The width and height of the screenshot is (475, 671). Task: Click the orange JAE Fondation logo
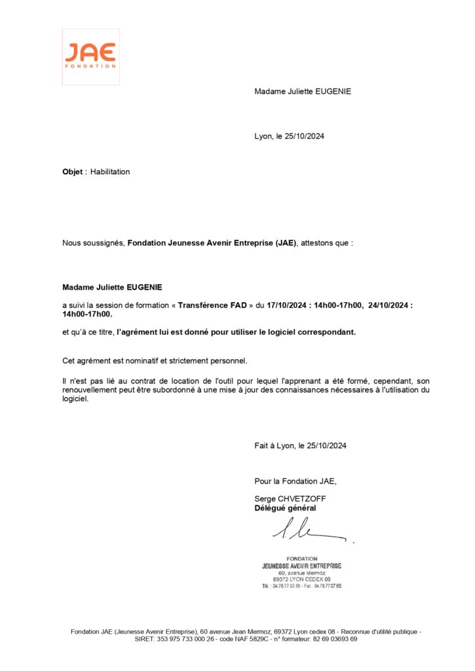point(90,56)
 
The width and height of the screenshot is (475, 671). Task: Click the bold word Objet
point(72,172)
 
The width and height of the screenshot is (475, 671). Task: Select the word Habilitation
point(110,172)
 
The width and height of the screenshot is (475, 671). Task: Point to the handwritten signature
point(308,529)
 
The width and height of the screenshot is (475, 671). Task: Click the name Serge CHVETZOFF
point(290,499)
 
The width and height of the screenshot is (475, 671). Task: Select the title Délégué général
point(285,508)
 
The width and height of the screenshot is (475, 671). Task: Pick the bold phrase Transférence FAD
point(212,305)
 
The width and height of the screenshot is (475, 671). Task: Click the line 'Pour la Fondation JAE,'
point(295,481)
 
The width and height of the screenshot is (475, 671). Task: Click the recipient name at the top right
point(303,91)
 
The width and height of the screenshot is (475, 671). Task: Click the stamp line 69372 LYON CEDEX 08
point(301,579)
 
